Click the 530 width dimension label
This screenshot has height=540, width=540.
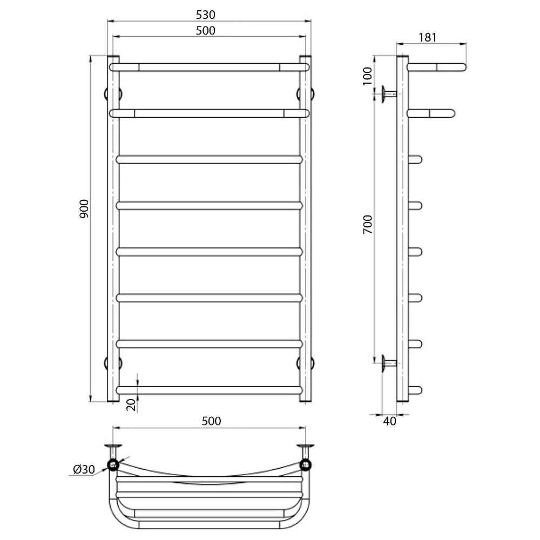click(206, 15)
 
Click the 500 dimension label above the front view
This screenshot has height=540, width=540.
click(206, 31)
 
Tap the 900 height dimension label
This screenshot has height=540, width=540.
click(84, 208)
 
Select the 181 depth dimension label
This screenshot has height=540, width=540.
click(428, 37)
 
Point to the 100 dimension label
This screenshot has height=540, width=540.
click(367, 76)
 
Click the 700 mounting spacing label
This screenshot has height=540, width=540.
click(368, 225)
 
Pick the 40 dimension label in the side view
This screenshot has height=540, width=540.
click(390, 421)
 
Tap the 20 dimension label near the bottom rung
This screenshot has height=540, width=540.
click(131, 405)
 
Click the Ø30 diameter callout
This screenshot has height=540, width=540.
click(84, 469)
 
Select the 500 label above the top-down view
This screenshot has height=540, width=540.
click(211, 421)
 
